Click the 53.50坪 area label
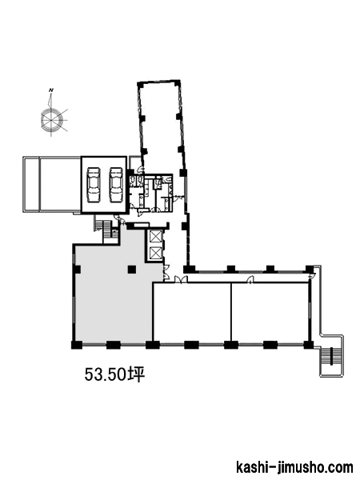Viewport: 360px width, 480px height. pos(114,374)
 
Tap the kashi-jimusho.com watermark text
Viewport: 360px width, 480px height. pos(294,468)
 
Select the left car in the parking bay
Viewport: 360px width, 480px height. pos(93,185)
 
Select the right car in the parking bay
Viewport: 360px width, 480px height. pos(116,185)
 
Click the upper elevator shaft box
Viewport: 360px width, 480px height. pos(154,237)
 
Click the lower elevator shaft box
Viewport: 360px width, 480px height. pos(154,253)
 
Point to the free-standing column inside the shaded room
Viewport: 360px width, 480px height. pos(132,270)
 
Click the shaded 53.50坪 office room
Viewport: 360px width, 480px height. pos(114,294)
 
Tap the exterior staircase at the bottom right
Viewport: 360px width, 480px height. pos(331,356)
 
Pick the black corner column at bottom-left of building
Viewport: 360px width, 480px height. pos(77,345)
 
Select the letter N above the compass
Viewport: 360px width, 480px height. pos(51,90)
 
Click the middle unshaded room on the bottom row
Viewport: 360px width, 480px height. pos(192,311)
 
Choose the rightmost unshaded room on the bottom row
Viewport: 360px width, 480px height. pos(270,311)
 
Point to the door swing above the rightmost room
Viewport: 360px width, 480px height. pos(250,279)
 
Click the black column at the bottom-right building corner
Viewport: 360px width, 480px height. pos(308,345)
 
